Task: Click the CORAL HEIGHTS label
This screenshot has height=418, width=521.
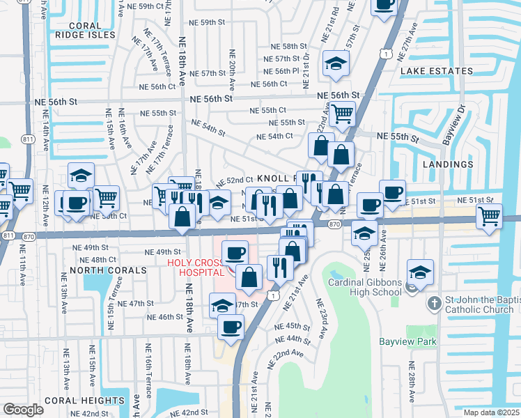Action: click(84, 401)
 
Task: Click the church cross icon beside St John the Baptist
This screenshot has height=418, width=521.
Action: click(434, 303)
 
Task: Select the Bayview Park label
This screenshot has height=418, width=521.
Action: click(407, 341)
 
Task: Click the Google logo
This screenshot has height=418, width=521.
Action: click(23, 409)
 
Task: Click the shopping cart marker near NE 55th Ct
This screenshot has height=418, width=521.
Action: click(342, 113)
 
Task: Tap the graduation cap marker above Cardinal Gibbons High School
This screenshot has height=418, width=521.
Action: click(420, 272)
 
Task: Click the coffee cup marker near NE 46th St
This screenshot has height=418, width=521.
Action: click(230, 326)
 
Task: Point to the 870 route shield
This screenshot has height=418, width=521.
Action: click(334, 224)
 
